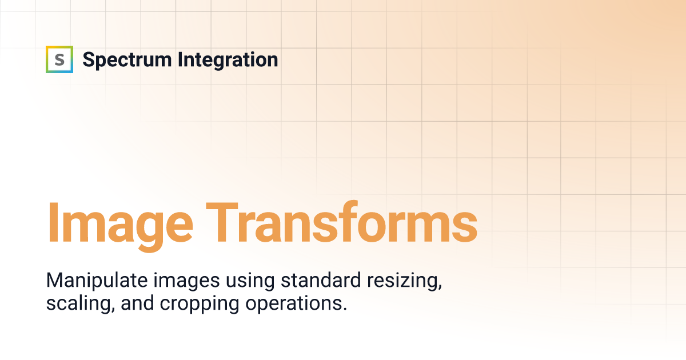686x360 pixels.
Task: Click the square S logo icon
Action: click(x=59, y=59)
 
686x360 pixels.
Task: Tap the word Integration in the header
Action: click(x=228, y=59)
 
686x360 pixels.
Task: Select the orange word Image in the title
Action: click(x=120, y=226)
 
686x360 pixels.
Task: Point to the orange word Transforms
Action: click(x=341, y=222)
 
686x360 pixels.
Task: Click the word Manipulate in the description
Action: click(x=97, y=281)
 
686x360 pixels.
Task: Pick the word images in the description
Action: click(x=186, y=281)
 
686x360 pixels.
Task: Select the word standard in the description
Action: click(x=321, y=280)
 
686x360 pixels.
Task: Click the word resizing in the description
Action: click(x=405, y=281)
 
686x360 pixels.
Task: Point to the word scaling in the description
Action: click(x=81, y=304)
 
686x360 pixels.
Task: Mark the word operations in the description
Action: click(x=297, y=304)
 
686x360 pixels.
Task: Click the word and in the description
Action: click(x=137, y=303)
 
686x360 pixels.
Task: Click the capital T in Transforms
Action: click(x=222, y=222)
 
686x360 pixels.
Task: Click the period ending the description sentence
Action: click(x=345, y=309)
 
